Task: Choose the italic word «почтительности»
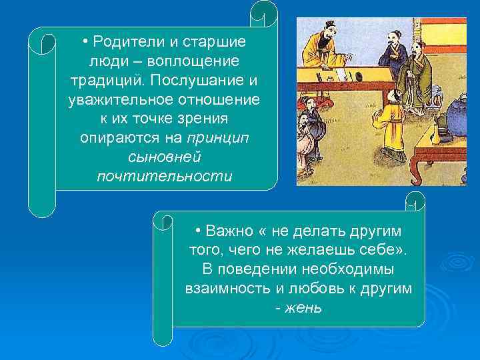click(x=164, y=177)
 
